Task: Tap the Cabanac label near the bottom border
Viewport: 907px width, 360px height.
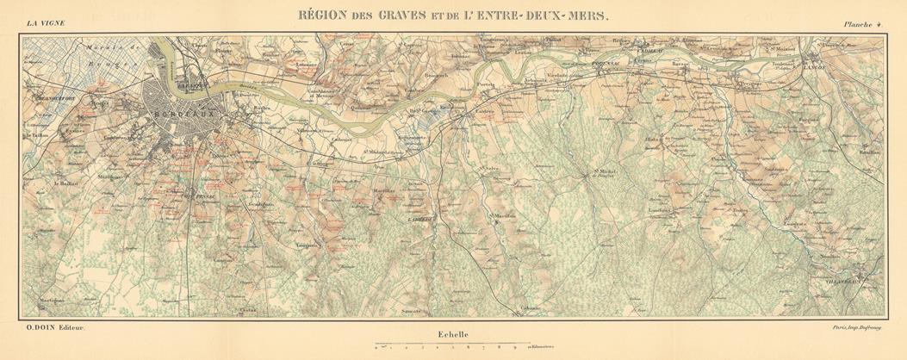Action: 531,307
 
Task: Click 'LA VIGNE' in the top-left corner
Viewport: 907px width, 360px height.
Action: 45,23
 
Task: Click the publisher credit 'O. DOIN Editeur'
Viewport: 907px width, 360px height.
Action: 48,330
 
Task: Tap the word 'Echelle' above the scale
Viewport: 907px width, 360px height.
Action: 450,334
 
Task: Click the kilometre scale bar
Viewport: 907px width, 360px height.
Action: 448,345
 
